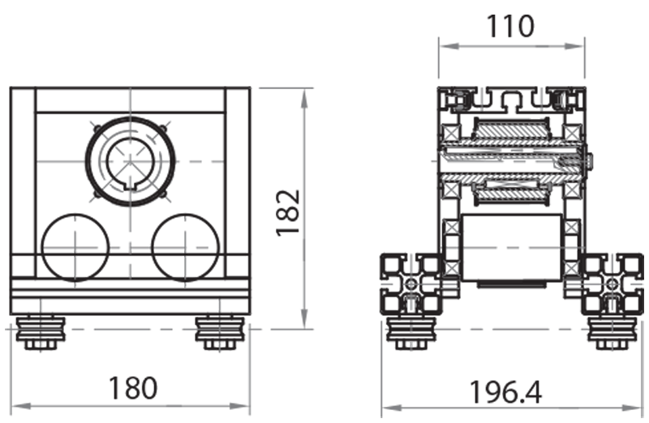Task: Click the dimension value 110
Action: coord(510,27)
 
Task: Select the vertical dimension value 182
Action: coord(288,212)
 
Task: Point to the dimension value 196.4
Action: coord(505,392)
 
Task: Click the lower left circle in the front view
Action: coord(74,247)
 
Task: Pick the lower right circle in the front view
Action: coord(185,247)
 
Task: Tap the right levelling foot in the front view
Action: coord(217,333)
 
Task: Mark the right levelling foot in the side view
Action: coord(610,332)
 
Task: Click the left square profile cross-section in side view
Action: coord(412,284)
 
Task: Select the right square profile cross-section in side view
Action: coord(612,284)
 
